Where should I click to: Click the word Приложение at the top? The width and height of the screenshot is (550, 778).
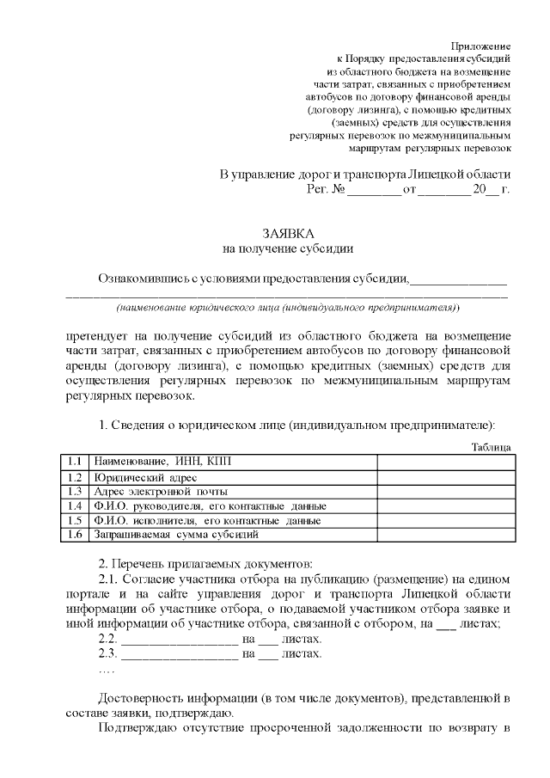pos(481,45)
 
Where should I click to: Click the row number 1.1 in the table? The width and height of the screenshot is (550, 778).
pos(76,462)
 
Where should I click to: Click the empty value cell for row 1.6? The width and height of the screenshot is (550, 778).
pos(445,535)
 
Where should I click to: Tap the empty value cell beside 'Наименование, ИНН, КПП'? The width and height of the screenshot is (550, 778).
pos(445,462)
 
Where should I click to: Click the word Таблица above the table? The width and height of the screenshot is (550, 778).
pos(492,447)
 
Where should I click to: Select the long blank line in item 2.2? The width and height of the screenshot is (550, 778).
pos(180,640)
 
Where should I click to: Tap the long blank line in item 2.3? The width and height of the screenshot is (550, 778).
pos(180,654)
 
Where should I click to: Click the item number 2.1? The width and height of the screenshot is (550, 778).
pos(108,579)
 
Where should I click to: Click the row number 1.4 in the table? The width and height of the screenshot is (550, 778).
pos(76,505)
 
